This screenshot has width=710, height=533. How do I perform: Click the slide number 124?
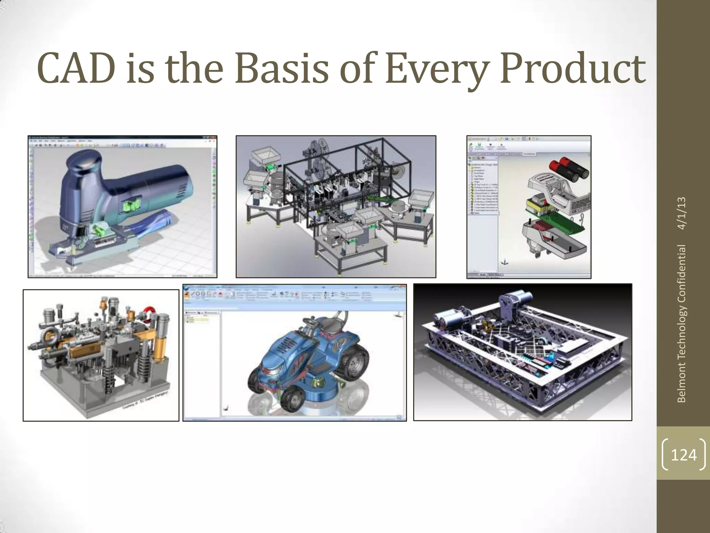click(684, 455)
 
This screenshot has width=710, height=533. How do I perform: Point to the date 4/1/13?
click(682, 213)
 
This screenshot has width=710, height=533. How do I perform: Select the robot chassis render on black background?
click(522, 352)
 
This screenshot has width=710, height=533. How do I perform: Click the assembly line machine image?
click(336, 206)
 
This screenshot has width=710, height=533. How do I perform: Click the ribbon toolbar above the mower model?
click(295, 295)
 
